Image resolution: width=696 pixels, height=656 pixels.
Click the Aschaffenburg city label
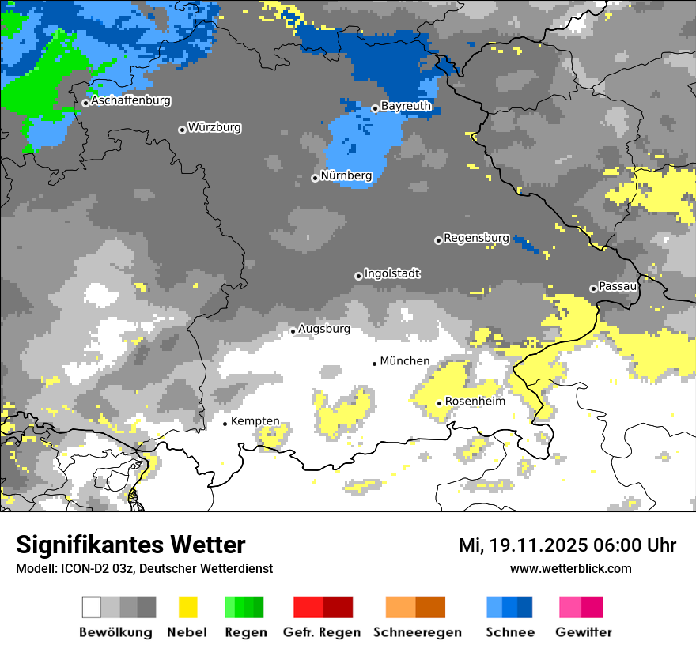(x=130, y=101)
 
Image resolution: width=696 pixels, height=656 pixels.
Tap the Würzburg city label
(x=214, y=127)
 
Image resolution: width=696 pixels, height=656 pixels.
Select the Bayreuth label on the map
(x=406, y=106)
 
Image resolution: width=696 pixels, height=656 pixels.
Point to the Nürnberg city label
(x=346, y=175)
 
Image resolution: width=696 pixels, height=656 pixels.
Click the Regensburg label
(x=476, y=238)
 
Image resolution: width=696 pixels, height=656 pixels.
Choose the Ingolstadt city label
(x=392, y=273)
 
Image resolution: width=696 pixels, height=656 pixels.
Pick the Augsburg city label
(x=324, y=329)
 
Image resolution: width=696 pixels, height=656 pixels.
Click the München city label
(x=405, y=361)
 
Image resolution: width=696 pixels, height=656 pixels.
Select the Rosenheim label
(x=475, y=402)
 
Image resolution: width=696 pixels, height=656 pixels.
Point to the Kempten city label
(x=255, y=421)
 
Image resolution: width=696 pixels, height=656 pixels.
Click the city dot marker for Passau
(x=593, y=288)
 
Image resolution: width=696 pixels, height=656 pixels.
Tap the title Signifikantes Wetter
(x=130, y=545)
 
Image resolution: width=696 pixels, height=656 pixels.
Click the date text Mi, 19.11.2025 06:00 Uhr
(x=567, y=545)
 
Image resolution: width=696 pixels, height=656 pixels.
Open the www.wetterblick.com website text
(x=570, y=568)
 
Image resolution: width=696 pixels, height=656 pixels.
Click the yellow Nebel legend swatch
(x=187, y=607)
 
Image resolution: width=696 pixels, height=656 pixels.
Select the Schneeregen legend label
(x=418, y=632)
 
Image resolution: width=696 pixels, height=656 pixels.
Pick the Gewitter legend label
(x=584, y=632)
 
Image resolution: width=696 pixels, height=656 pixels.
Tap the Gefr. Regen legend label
(x=322, y=632)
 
